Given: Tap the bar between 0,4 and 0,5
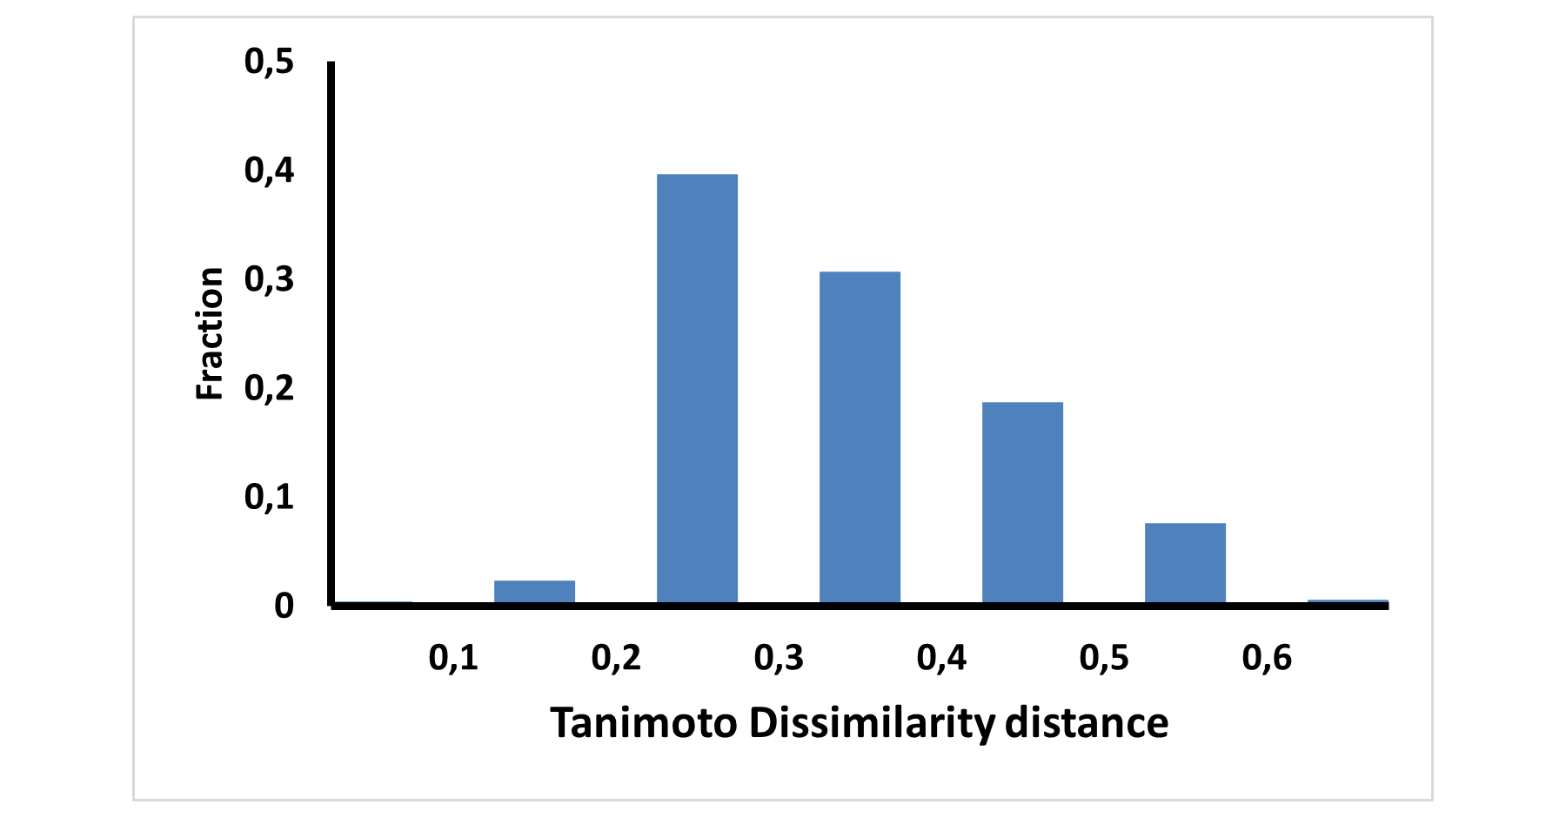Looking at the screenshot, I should point(1022,502).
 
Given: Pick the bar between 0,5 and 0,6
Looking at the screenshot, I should point(1185,562).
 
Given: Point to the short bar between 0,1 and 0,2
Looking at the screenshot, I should point(534,591).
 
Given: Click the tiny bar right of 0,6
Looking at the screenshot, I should point(1348,601).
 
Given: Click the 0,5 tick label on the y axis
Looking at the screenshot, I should point(270,62).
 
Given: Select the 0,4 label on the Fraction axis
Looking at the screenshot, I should point(270,171).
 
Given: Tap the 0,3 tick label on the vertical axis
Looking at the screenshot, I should point(270,279).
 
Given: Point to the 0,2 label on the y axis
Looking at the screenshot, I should point(270,388).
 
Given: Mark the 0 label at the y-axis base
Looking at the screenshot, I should point(284,606).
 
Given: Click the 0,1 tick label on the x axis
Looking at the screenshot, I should point(453,659).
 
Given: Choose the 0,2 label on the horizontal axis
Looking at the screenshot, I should point(616,659).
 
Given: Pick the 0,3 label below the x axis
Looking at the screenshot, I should point(779,659).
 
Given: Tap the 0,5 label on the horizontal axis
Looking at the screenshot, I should point(1104,659).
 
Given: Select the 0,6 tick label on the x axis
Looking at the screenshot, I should point(1267,659).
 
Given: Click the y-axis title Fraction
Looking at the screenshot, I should point(210,334).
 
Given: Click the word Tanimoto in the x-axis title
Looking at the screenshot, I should point(644,723).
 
